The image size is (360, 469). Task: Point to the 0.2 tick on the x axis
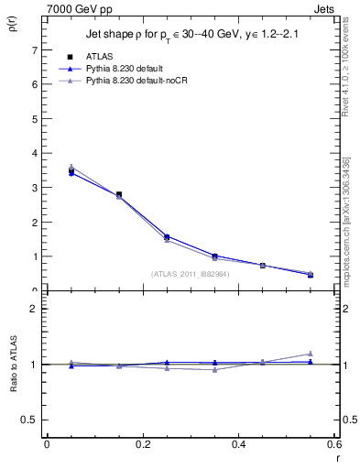pos(142,444)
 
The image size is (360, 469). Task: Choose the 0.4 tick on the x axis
pos(238,444)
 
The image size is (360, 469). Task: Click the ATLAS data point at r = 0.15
pos(119,194)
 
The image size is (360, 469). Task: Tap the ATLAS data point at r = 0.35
pos(215,256)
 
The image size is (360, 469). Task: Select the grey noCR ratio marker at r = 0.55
pos(311,354)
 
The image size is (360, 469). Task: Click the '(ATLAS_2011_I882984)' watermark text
pos(190,274)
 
